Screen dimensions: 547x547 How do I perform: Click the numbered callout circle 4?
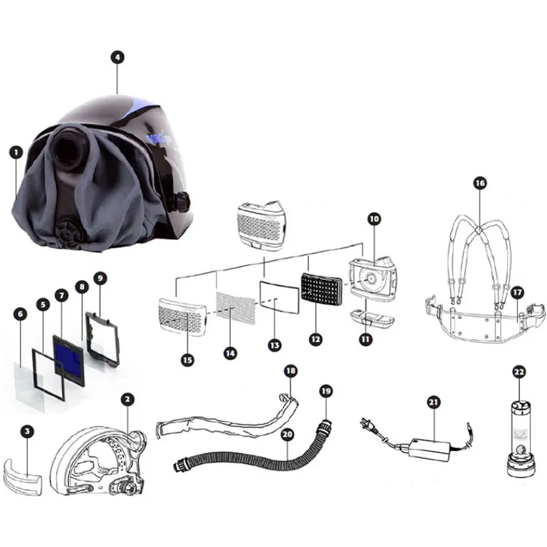click(118, 57)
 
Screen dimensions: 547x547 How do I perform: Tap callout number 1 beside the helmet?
click(16, 152)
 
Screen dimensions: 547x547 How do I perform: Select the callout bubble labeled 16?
click(480, 183)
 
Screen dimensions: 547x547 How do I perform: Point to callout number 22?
click(519, 372)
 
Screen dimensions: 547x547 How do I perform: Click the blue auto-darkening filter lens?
click(68, 360)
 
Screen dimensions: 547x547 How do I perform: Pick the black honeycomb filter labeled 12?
click(321, 291)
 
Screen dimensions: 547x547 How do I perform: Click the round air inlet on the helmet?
click(68, 148)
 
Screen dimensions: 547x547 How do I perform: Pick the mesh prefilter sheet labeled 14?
click(236, 308)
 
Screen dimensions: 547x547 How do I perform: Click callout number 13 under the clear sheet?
click(274, 345)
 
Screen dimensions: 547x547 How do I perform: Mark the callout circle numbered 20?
click(287, 434)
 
